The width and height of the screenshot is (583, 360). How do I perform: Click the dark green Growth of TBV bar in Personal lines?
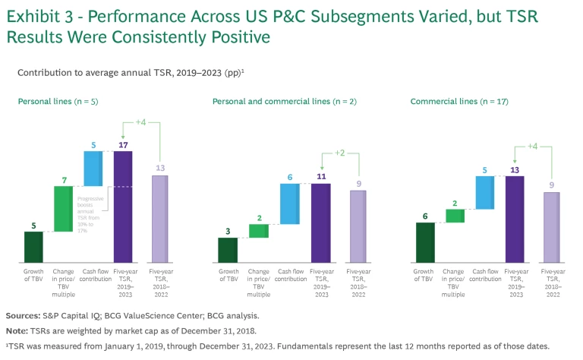click(x=33, y=247)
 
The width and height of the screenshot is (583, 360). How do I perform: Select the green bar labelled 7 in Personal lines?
click(x=64, y=209)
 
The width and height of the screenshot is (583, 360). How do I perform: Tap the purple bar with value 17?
click(x=123, y=207)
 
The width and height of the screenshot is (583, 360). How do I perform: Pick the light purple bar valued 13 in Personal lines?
click(x=160, y=219)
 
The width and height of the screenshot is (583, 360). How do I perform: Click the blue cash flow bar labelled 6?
click(x=289, y=204)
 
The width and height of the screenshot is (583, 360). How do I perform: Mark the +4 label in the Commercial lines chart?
click(x=534, y=146)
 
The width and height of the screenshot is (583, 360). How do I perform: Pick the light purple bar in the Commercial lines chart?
click(x=551, y=227)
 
